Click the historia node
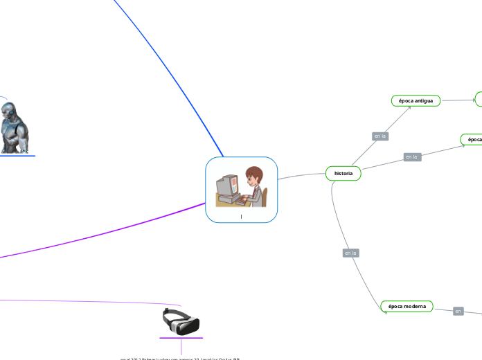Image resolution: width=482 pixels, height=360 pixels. point(343,173)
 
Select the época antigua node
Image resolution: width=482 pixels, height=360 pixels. point(416,101)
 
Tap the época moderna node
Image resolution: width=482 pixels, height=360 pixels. point(407,306)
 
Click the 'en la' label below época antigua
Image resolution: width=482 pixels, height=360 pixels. point(380,136)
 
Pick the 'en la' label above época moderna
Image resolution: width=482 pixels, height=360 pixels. point(350,253)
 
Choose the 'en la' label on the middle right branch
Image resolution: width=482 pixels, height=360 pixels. point(412,157)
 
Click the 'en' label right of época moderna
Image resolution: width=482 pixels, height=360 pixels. point(458,312)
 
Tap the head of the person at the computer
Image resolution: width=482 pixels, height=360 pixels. point(253,176)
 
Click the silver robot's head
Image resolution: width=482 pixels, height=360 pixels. point(9,110)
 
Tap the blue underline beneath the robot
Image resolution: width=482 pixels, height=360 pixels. point(17,156)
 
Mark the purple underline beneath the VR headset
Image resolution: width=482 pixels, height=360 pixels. point(181,338)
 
